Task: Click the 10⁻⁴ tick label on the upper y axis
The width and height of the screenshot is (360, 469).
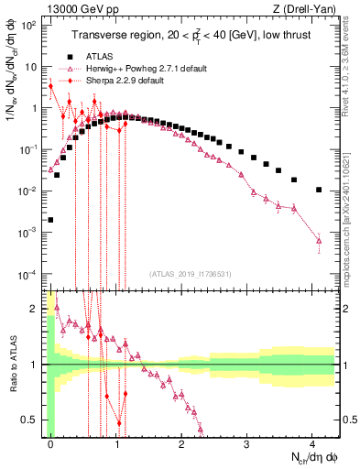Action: (x=29, y=275)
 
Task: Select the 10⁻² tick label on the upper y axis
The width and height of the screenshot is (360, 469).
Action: (x=29, y=191)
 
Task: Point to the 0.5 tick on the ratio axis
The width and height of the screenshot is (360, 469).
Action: (x=33, y=420)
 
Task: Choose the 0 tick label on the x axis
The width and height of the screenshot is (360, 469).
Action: (x=50, y=442)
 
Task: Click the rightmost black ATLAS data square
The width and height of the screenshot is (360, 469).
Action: (x=318, y=190)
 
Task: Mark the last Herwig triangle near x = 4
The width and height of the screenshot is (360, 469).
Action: (x=318, y=241)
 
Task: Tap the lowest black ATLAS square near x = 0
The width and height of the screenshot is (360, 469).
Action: (x=50, y=220)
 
